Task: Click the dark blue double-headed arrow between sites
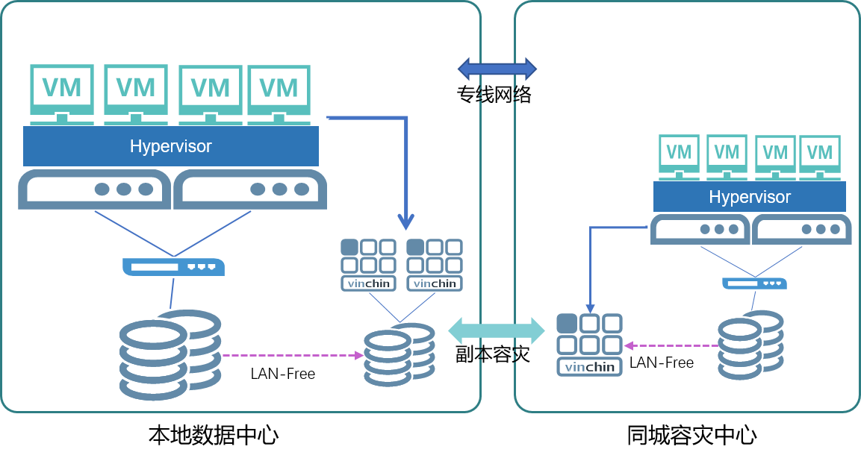click(497, 69)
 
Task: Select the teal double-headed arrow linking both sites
click(497, 330)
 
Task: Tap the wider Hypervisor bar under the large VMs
click(171, 146)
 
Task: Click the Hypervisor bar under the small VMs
click(749, 197)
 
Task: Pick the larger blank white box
click(168, 35)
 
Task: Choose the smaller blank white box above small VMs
click(746, 104)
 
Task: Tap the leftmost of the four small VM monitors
click(679, 155)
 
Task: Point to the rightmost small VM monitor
click(819, 155)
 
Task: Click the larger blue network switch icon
click(174, 267)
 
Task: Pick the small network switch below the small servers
click(754, 283)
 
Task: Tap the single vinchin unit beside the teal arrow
click(590, 344)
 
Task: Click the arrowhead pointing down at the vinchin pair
click(405, 222)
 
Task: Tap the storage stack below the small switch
click(751, 345)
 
